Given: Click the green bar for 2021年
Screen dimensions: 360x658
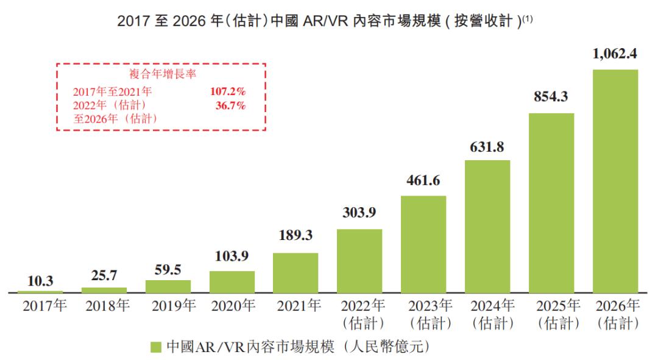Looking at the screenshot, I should coord(295,272).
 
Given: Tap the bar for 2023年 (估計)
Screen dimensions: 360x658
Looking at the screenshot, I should coord(423,244).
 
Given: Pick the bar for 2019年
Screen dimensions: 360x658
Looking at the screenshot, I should coord(168,286).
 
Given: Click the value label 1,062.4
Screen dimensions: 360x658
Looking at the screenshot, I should coord(615,54).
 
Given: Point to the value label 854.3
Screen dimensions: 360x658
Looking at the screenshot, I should coord(551,97).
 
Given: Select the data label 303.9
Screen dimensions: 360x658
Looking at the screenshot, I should coord(359,213).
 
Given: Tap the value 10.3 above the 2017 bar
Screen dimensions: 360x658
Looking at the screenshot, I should coord(40,281).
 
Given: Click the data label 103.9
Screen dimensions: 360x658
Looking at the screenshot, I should coord(232,255).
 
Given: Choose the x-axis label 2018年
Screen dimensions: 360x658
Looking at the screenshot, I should coord(104,306).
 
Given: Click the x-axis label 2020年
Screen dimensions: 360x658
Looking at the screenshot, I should coord(232,306).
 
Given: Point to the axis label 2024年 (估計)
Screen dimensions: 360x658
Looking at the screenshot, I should coord(487,313).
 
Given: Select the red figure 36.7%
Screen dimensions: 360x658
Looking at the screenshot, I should coord(230,105).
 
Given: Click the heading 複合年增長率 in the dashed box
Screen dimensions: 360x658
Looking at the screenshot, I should coord(161,74).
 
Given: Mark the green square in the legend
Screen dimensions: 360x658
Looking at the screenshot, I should coord(155,347).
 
